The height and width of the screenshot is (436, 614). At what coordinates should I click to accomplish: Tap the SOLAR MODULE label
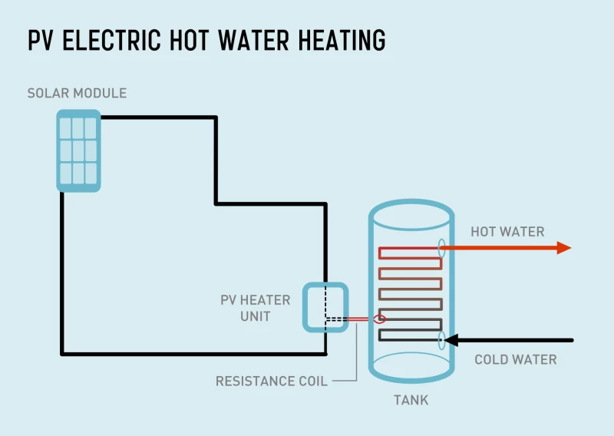pos(77,94)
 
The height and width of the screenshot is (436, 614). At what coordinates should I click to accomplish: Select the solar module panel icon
pos(78,150)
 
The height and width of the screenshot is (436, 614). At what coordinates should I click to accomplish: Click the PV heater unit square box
pos(325,307)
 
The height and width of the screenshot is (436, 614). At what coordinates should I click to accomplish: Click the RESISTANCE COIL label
pos(272,381)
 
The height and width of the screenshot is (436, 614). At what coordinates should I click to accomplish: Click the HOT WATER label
pos(507,232)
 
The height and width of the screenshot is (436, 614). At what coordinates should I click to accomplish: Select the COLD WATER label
pos(515,359)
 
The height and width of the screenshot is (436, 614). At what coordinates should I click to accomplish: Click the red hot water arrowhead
pos(564,247)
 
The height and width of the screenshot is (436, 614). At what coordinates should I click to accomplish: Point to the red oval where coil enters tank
pos(378,319)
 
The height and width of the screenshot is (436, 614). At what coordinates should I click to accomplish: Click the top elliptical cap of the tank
pos(411,213)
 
